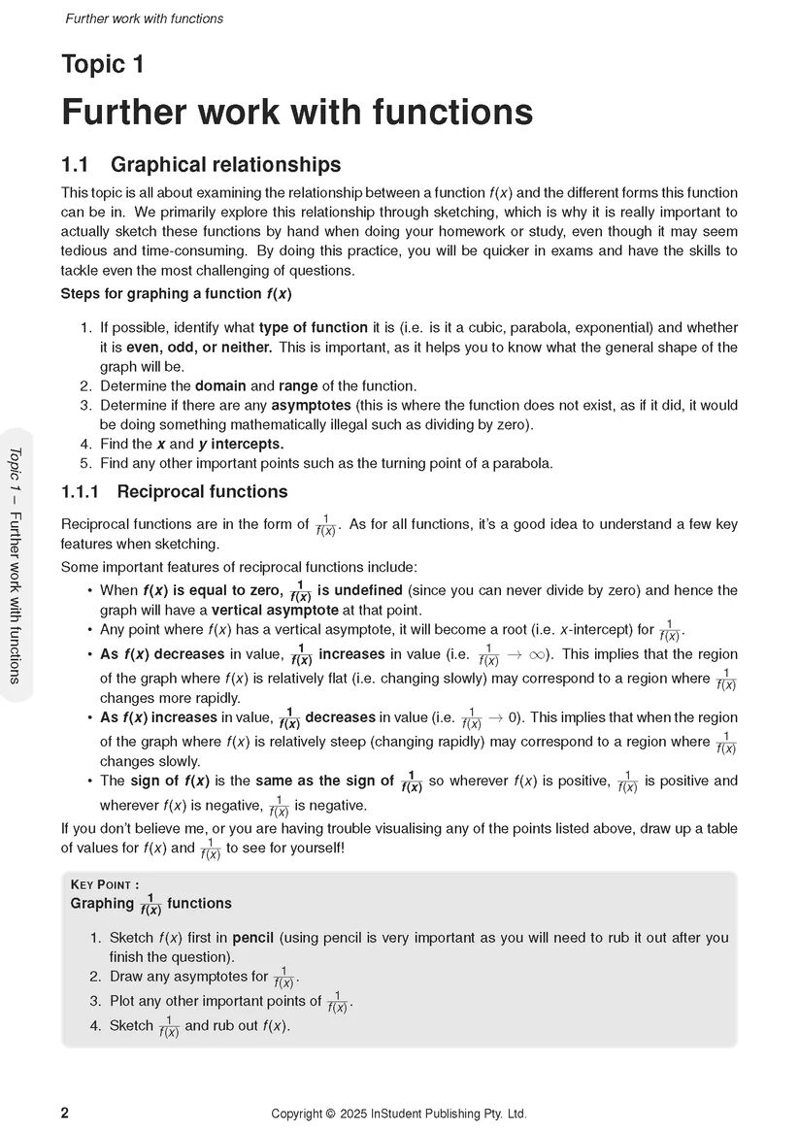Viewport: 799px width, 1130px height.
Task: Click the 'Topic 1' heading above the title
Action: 102,65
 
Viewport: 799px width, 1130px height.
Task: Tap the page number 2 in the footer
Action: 65,1113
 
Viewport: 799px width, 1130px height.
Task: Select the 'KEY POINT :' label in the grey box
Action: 105,884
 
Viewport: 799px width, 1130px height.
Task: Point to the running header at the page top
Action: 144,18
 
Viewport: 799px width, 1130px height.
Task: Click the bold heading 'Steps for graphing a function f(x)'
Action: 176,293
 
